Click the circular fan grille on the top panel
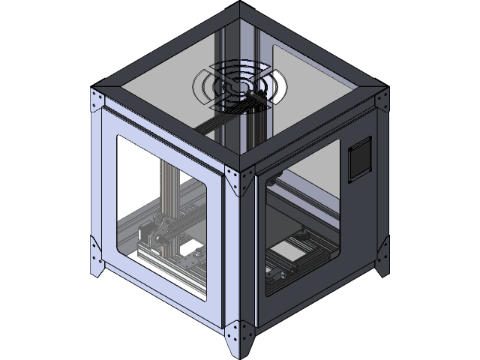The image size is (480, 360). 239,88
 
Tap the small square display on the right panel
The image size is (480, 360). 359,159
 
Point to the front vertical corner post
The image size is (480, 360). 240,255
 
